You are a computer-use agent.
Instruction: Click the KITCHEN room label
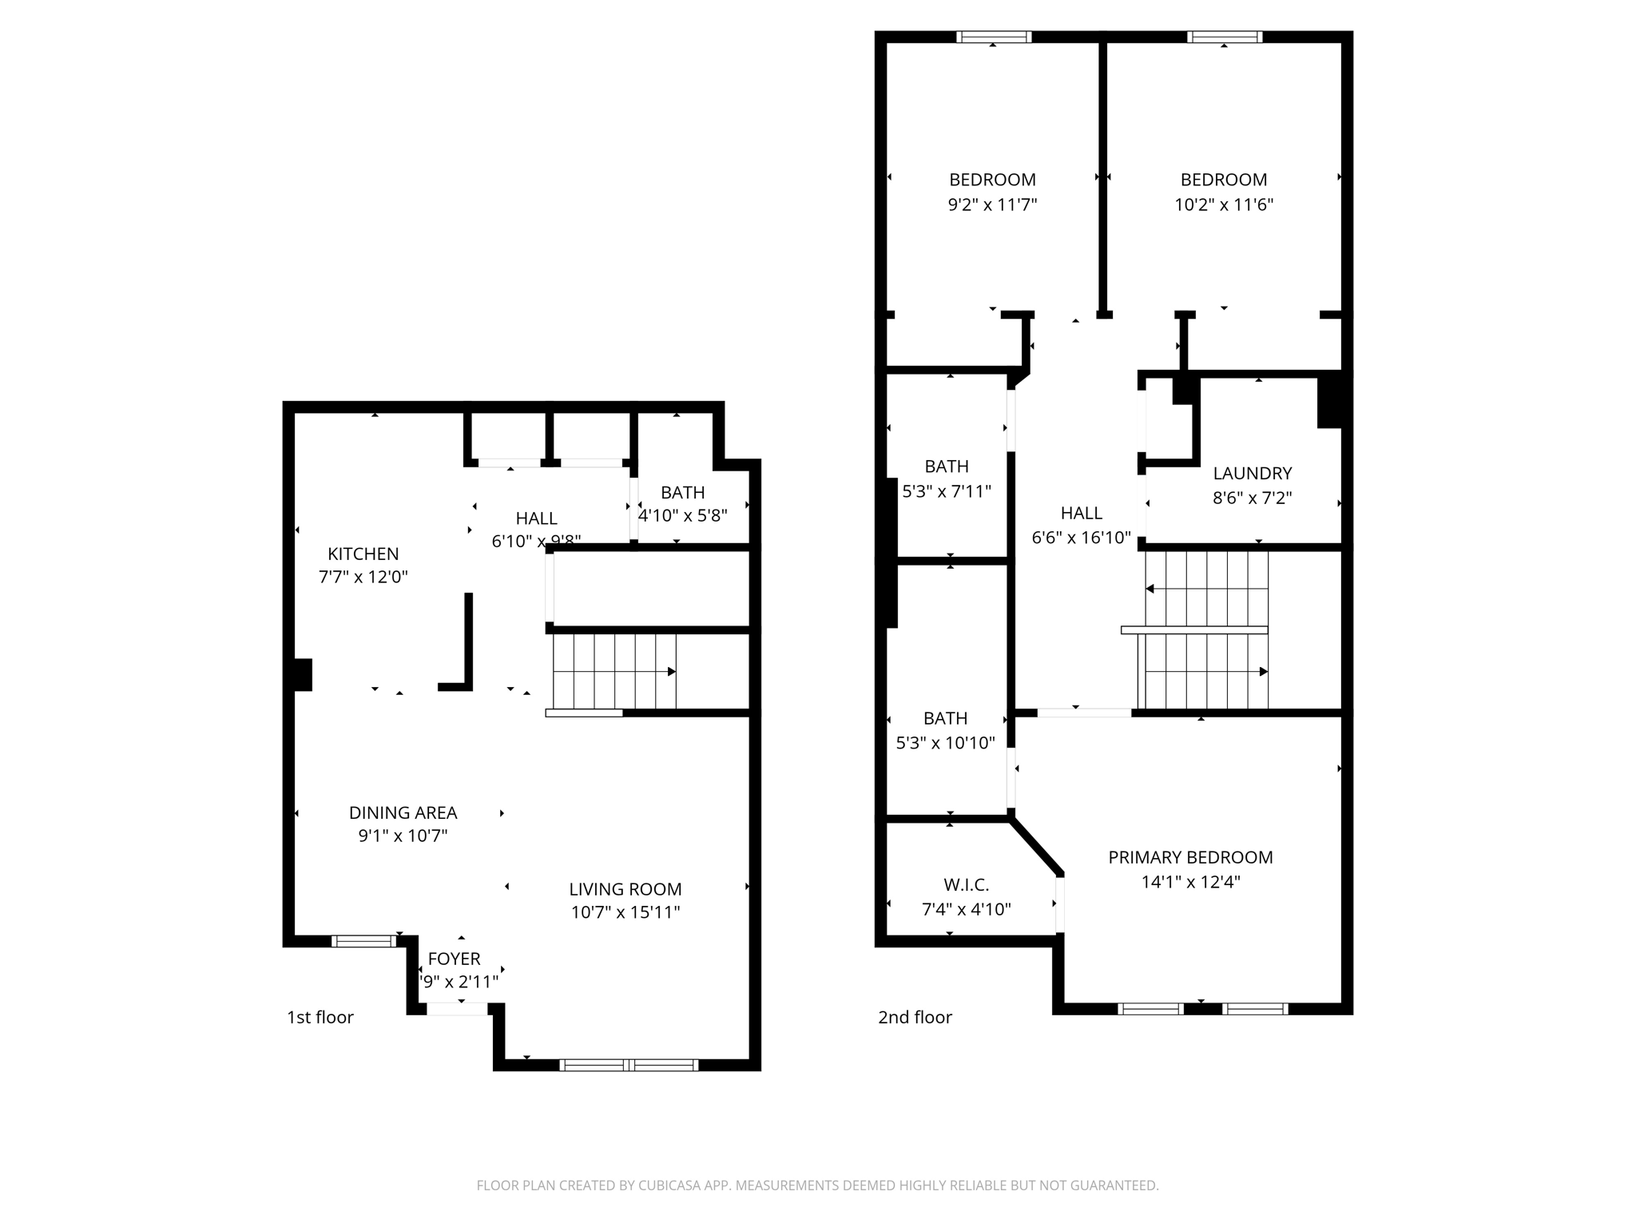pos(363,554)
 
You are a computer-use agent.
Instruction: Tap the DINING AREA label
pos(403,812)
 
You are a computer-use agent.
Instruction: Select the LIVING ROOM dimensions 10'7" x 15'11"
pos(625,912)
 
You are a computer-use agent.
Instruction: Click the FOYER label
pos(454,959)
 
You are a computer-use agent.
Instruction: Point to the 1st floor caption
pos(320,1017)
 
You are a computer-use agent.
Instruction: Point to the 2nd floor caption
pos(915,1017)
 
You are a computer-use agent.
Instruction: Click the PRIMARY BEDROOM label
pos(1190,857)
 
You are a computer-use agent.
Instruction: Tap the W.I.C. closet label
pos(966,885)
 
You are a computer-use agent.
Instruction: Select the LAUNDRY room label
pos(1252,473)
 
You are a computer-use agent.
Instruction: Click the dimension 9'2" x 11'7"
pos(992,204)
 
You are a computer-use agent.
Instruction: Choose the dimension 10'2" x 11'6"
pos(1223,204)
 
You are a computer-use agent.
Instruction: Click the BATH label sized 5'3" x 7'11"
pos(947,467)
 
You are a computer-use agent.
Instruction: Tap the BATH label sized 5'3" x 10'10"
pos(945,718)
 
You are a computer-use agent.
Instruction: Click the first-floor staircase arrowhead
pos(672,672)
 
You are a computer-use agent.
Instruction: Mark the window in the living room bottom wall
pos(629,1065)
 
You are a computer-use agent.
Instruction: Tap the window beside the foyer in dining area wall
pos(363,941)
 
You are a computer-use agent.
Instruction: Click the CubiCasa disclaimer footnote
pos(817,1185)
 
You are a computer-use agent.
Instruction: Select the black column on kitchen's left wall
pos(302,674)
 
